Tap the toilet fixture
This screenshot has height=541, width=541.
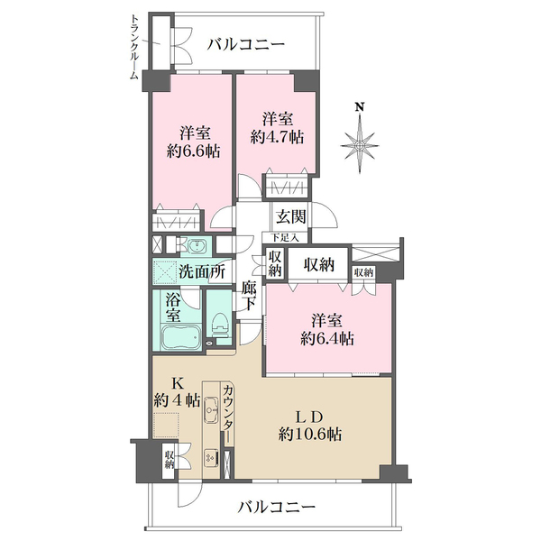pyautogui.click(x=220, y=325)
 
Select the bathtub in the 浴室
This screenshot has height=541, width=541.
pyautogui.click(x=181, y=336)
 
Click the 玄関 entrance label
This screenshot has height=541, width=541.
pyautogui.click(x=290, y=217)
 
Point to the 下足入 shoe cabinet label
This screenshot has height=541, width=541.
pyautogui.click(x=284, y=237)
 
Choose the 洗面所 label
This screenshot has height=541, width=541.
pyautogui.click(x=202, y=272)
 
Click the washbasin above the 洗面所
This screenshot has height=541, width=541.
pyautogui.click(x=197, y=246)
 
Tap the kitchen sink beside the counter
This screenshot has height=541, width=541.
pyautogui.click(x=211, y=409)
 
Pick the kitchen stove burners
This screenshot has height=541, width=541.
pyautogui.click(x=211, y=457)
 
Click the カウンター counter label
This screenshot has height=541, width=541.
pyautogui.click(x=228, y=413)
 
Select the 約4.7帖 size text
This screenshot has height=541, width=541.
pyautogui.click(x=277, y=138)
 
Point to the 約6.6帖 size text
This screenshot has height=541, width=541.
pyautogui.click(x=193, y=151)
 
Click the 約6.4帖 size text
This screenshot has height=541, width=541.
pyautogui.click(x=326, y=339)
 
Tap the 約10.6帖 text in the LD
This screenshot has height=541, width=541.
pyautogui.click(x=310, y=434)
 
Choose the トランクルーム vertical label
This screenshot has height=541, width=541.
pyautogui.click(x=133, y=47)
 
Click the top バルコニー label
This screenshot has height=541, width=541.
pyautogui.click(x=246, y=44)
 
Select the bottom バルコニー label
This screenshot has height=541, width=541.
pyautogui.click(x=277, y=507)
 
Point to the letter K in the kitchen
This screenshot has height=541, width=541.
pyautogui.click(x=177, y=383)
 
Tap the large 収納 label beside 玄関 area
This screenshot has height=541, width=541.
pyautogui.click(x=319, y=265)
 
